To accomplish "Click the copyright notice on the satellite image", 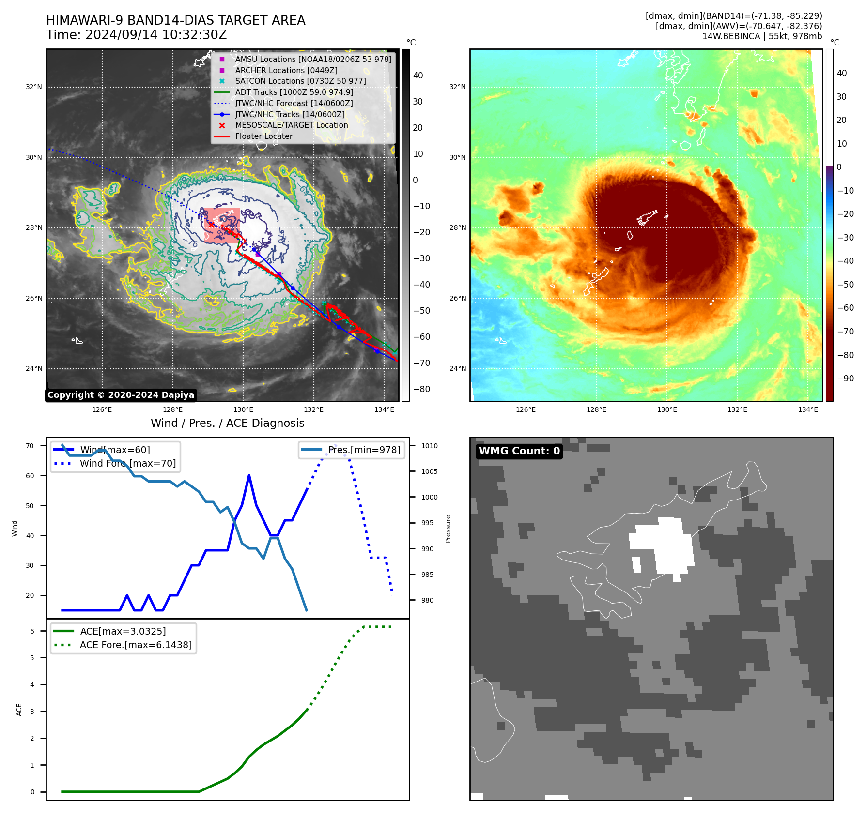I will [121, 395].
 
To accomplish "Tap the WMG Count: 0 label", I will [519, 451].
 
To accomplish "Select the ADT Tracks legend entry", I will [294, 92].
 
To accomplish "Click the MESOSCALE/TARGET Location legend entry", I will [291, 125].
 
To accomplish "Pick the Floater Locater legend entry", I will [263, 136].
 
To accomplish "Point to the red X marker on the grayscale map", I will [211, 225].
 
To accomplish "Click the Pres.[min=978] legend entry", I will [364, 450].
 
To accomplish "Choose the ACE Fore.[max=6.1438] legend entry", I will [136, 645].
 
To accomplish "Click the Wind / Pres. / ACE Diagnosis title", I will [227, 424].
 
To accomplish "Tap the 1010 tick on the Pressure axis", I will [429, 446].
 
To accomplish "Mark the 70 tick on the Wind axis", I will [30, 446].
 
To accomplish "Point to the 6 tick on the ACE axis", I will [32, 631].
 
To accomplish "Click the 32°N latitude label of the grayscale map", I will [34, 87].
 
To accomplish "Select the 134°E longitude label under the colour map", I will [808, 410].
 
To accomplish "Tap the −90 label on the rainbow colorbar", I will [846, 379].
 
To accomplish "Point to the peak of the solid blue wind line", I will [249, 475].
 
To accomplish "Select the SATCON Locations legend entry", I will [300, 81].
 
